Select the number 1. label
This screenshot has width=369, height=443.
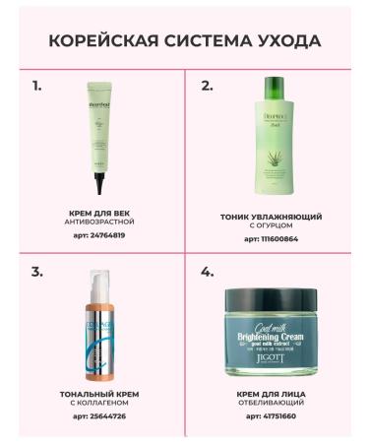tap(37, 86)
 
